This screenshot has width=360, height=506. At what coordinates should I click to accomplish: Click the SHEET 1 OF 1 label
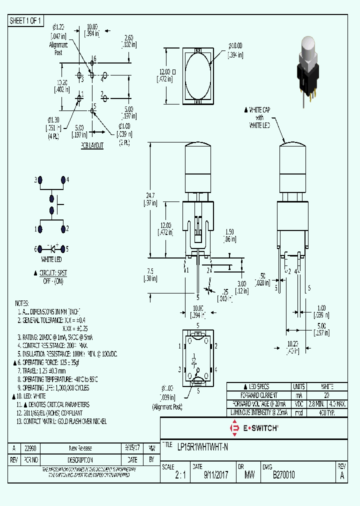[x=26, y=20]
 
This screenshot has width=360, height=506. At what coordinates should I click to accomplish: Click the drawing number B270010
[x=283, y=476]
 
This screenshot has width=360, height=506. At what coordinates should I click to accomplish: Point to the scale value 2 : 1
[x=180, y=476]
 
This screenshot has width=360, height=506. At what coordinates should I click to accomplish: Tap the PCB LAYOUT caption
[x=92, y=145]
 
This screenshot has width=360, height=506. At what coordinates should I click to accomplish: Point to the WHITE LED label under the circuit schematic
[x=51, y=259]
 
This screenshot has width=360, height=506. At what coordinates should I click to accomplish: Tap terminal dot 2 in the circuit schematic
[x=63, y=228]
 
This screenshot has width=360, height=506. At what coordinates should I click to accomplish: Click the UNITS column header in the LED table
[x=299, y=386]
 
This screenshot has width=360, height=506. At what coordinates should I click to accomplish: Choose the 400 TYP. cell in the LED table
[x=327, y=412]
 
